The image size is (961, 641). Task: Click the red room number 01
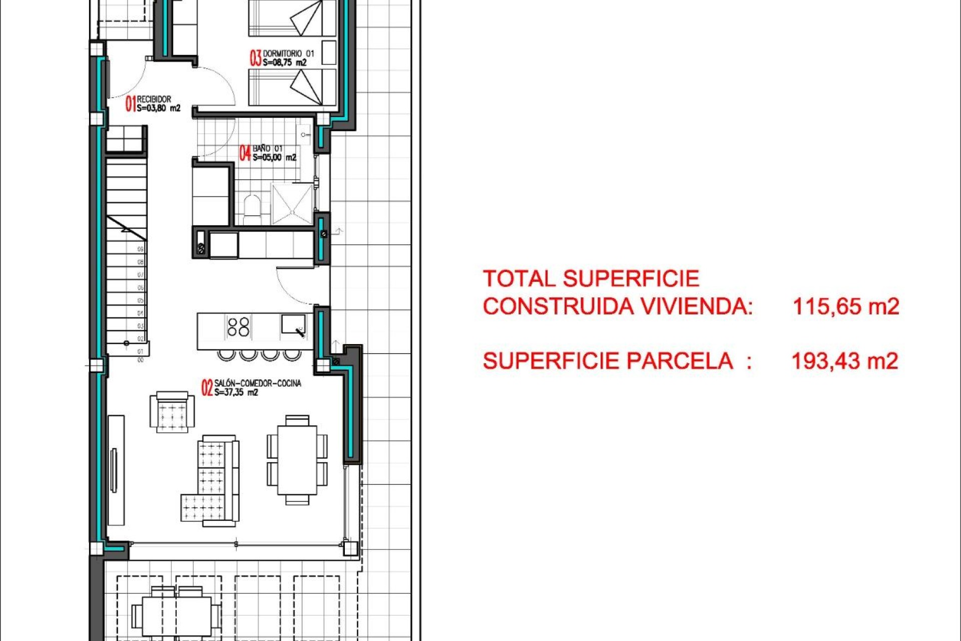(x=130, y=104)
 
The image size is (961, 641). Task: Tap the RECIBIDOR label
(x=154, y=99)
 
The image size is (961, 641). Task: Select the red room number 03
(x=255, y=58)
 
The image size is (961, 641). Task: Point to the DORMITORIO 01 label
(x=288, y=54)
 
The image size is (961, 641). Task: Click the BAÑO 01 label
(x=267, y=149)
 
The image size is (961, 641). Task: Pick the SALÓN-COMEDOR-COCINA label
(x=258, y=384)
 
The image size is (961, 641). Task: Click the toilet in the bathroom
(x=252, y=208)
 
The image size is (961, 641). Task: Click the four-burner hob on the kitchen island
(x=238, y=327)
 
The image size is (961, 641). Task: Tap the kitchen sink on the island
(x=293, y=325)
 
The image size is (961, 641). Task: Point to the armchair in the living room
(x=172, y=412)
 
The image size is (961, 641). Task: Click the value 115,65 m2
(x=846, y=306)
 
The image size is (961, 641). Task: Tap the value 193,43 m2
(x=845, y=361)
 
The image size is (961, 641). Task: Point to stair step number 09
(x=141, y=249)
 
